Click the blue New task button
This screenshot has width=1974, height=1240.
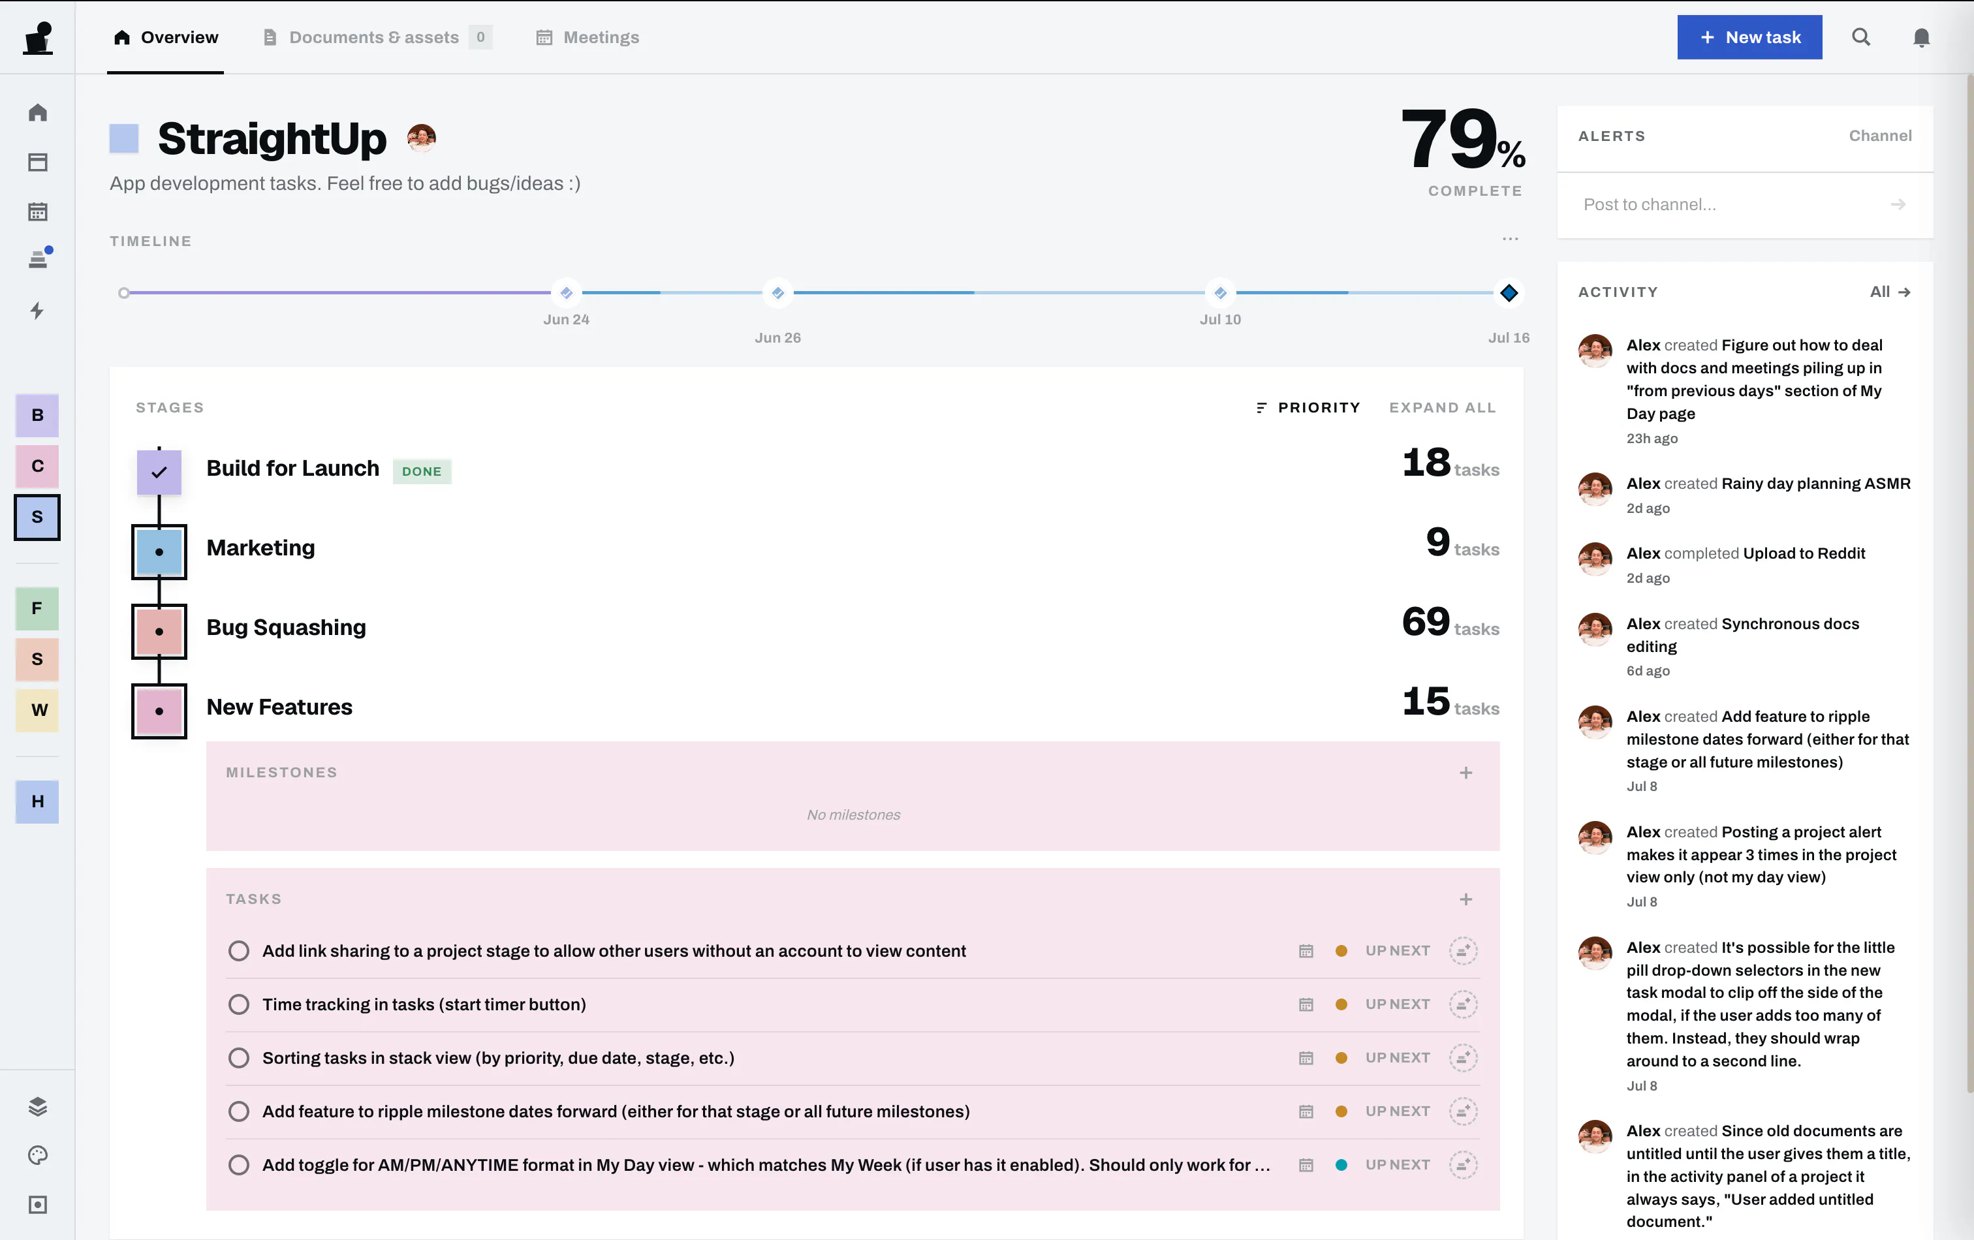click(1749, 37)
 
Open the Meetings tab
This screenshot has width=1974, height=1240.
click(587, 37)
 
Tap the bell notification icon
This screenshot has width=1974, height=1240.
click(1920, 38)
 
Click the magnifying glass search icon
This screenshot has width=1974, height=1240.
click(1861, 37)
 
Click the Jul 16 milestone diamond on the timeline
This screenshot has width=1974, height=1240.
click(1509, 292)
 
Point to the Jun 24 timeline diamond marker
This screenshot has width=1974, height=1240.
click(567, 292)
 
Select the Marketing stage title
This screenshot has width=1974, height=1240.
click(260, 548)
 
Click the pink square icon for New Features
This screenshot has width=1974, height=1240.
click(159, 711)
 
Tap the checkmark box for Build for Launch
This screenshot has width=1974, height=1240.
click(159, 472)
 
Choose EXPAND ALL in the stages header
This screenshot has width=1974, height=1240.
click(1443, 407)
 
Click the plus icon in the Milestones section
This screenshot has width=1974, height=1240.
click(1465, 773)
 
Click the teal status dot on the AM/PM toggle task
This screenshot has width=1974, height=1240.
click(1341, 1164)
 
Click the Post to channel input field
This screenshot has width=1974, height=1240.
click(1730, 205)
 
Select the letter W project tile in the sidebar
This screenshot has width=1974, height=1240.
click(37, 710)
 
